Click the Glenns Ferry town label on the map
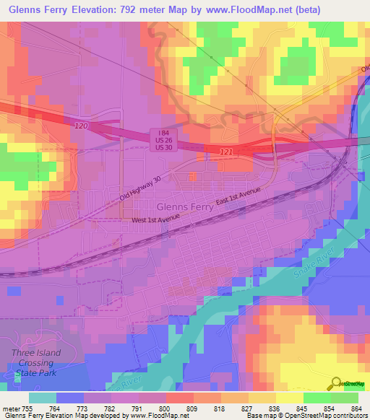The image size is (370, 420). point(179,206)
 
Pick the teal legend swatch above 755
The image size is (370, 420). point(43,398)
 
